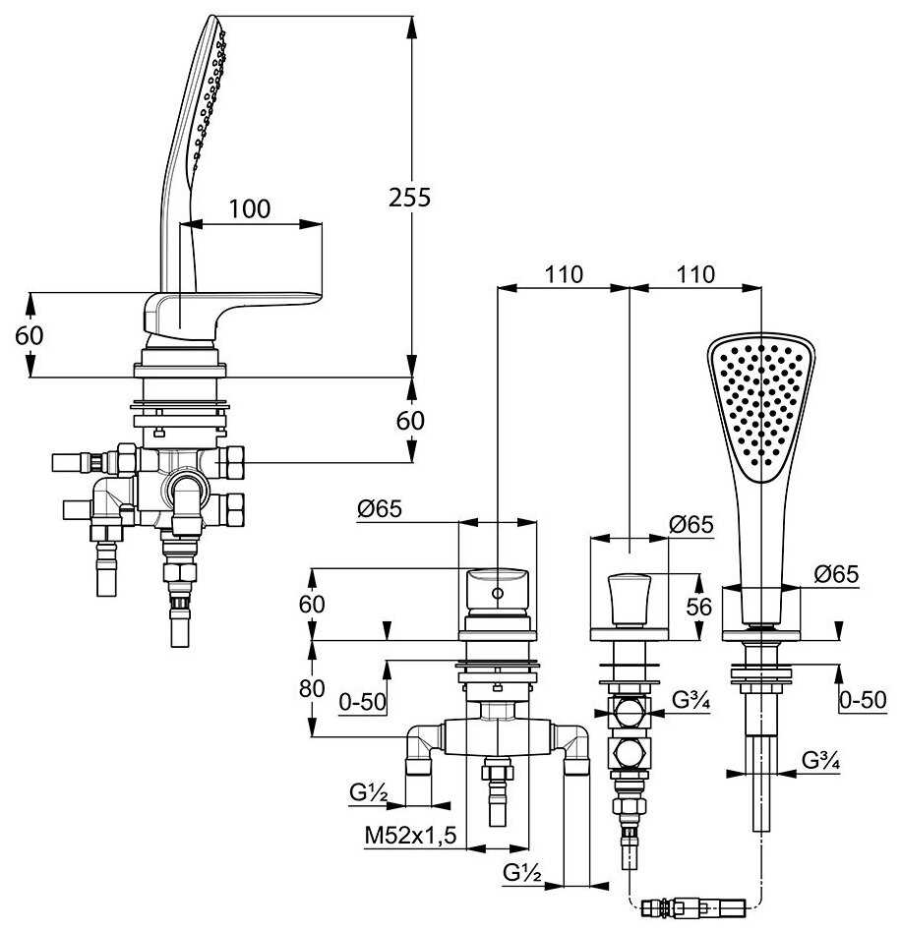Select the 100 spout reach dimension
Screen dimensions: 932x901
coord(250,208)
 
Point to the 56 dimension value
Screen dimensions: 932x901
coord(698,607)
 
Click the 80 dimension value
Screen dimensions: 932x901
coord(312,689)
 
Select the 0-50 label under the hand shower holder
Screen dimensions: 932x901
coord(862,702)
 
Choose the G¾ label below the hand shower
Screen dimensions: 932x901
coord(818,759)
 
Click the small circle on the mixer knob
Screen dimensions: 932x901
coord(498,594)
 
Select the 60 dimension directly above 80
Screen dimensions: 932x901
coord(312,604)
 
